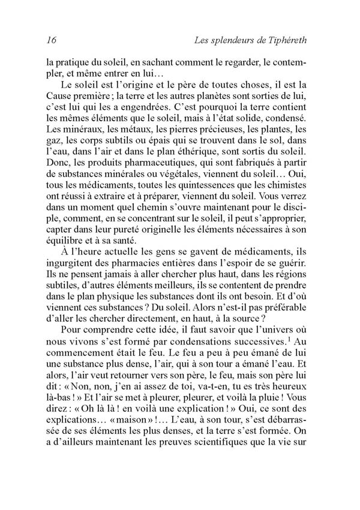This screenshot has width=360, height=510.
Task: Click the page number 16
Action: point(51,41)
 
